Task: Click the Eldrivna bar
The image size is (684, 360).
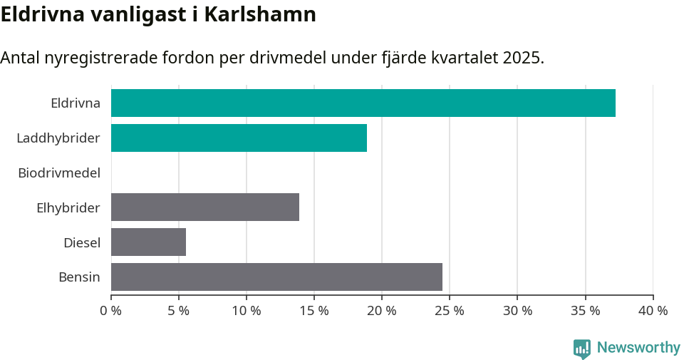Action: coord(363,103)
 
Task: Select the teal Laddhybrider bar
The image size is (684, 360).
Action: coord(239,138)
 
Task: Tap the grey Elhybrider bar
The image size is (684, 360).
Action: coord(205,207)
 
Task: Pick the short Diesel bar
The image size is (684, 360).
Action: coord(148,242)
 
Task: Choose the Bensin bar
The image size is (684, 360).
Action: coord(276,277)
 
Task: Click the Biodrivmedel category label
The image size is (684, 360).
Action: coord(59,173)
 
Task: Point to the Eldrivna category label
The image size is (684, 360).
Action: coord(76,103)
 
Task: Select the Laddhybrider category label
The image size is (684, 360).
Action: coord(58,138)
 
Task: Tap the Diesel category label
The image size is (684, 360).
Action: coord(82,242)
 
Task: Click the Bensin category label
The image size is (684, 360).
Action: coord(79,277)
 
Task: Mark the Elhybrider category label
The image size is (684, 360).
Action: coord(68,207)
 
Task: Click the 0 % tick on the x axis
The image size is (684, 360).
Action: coord(111,311)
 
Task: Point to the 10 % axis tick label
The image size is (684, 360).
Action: coord(247,311)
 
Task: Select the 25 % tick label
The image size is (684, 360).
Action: coord(450,311)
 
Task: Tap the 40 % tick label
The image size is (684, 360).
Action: coord(653,311)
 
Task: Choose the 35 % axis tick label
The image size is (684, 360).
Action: coord(585,311)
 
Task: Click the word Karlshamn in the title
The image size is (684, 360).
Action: coord(260,14)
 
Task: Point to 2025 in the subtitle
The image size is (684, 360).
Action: coord(522,58)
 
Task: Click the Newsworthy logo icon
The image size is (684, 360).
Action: coord(582,349)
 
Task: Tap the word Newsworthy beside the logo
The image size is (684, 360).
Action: coord(638,348)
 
